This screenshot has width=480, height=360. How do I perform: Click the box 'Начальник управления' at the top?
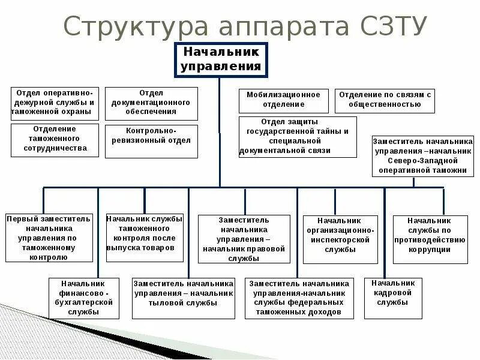221,60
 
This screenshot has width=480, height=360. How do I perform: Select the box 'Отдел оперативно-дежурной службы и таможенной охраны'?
55,103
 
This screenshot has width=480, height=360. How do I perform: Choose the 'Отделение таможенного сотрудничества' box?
55,140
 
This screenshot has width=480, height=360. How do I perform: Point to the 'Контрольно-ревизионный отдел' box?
151,141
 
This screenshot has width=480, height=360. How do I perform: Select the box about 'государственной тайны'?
298,137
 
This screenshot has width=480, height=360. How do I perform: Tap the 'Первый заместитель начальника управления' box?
50,238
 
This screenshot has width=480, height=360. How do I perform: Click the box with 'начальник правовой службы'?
244,239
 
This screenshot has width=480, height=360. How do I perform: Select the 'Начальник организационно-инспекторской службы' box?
340,239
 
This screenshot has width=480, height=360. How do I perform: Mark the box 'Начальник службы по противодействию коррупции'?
429,239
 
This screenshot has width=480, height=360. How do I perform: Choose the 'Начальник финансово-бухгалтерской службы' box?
82,298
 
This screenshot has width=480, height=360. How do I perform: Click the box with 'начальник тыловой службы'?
183,298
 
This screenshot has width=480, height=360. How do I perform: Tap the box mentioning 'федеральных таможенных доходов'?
299,298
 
